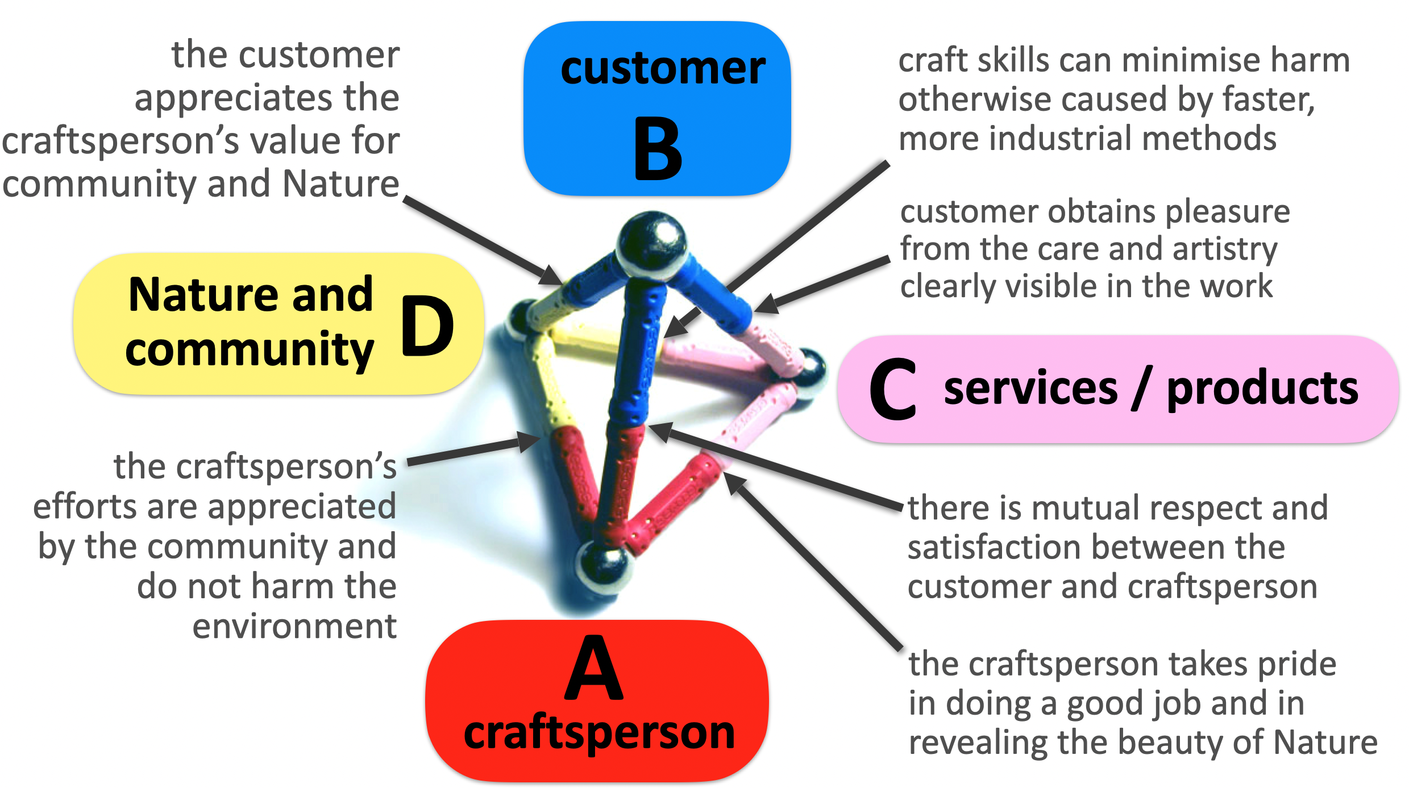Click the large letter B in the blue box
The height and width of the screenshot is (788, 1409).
(658, 148)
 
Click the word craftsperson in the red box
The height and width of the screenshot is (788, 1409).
(599, 733)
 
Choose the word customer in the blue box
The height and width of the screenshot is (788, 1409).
(663, 69)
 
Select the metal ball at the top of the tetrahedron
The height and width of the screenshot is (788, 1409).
(652, 243)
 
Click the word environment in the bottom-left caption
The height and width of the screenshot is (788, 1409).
(294, 627)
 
